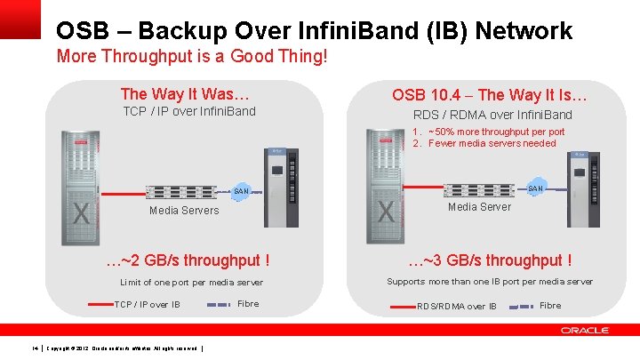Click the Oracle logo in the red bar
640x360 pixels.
pyautogui.click(x=585, y=331)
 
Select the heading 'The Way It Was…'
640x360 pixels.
pyautogui.click(x=185, y=93)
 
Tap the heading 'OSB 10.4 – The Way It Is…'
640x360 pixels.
pyautogui.click(x=492, y=95)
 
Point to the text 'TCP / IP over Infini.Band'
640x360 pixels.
pyautogui.click(x=188, y=111)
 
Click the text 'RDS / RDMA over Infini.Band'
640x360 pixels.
pyautogui.click(x=492, y=115)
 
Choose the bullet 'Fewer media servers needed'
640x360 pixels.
pyautogui.click(x=492, y=143)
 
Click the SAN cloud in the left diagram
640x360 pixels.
pyautogui.click(x=241, y=190)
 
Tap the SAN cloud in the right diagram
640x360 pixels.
pyautogui.click(x=536, y=188)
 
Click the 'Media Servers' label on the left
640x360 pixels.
pyautogui.click(x=184, y=211)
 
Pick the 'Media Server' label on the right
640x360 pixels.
pyautogui.click(x=479, y=207)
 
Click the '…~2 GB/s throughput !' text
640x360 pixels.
pyautogui.click(x=188, y=260)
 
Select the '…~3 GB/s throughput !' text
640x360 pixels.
pyautogui.click(x=490, y=260)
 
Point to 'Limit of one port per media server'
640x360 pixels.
pyautogui.click(x=191, y=283)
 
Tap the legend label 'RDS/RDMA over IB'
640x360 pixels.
pyautogui.click(x=457, y=307)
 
